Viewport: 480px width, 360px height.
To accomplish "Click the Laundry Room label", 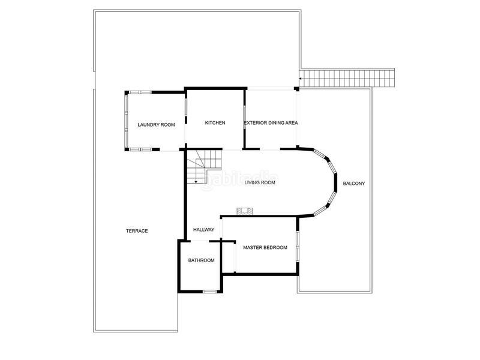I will (156, 125).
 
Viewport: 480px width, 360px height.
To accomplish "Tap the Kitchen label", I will (215, 123).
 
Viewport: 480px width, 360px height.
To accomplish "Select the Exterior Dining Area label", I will (271, 123).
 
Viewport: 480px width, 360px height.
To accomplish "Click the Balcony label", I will (354, 183).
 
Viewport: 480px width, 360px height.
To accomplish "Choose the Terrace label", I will (137, 231).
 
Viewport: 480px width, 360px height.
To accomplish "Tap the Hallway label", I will (203, 230).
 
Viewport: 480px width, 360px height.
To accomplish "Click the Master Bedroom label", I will (265, 247).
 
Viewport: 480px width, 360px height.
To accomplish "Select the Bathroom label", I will (202, 260).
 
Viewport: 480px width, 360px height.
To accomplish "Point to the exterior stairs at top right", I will (349, 78).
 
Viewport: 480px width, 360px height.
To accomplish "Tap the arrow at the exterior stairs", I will (299, 78).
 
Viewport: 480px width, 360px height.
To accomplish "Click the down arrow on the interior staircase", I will (196, 181).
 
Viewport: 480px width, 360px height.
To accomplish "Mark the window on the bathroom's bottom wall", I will (209, 292).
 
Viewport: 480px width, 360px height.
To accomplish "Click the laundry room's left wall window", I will (126, 120).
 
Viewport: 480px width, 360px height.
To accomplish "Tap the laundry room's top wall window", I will (140, 92).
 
